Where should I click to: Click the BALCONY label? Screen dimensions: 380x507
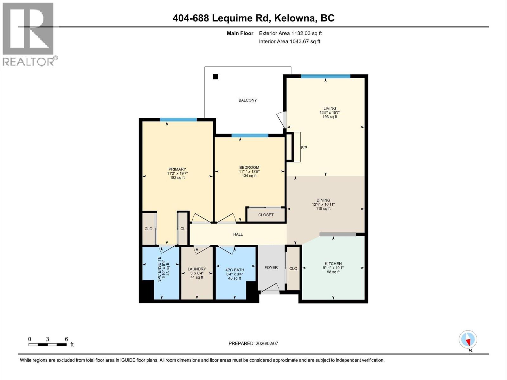(x=247, y=100)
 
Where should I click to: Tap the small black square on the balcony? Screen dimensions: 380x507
(x=216, y=77)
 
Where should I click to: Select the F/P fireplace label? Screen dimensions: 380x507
(x=304, y=148)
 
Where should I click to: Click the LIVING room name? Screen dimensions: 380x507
(x=330, y=108)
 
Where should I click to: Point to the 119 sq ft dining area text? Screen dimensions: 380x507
(x=323, y=209)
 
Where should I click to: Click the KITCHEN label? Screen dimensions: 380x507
(x=333, y=263)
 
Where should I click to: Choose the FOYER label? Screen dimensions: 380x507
(x=271, y=268)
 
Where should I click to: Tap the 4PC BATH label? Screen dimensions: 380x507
(x=234, y=270)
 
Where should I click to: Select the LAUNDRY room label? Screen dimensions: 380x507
(x=196, y=269)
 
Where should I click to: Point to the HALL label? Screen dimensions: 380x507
(x=238, y=234)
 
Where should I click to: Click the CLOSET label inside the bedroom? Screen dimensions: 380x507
(x=266, y=215)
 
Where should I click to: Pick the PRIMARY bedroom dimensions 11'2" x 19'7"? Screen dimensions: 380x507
(x=177, y=174)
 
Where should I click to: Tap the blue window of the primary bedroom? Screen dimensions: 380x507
(x=178, y=119)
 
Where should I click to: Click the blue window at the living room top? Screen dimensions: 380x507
(x=325, y=76)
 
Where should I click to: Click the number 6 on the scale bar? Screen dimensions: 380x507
(x=66, y=339)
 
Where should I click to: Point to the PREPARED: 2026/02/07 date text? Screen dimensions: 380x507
(x=253, y=344)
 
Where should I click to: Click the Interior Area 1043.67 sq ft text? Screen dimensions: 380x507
(x=289, y=41)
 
